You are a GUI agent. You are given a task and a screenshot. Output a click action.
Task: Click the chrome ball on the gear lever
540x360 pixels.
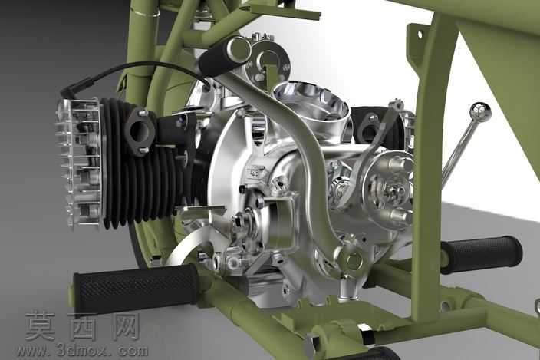coord(481,111)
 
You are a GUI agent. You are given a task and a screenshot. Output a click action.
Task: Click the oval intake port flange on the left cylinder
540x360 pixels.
coord(140,130)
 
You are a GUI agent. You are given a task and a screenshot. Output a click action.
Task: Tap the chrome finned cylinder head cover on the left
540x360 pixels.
coord(80,162)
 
